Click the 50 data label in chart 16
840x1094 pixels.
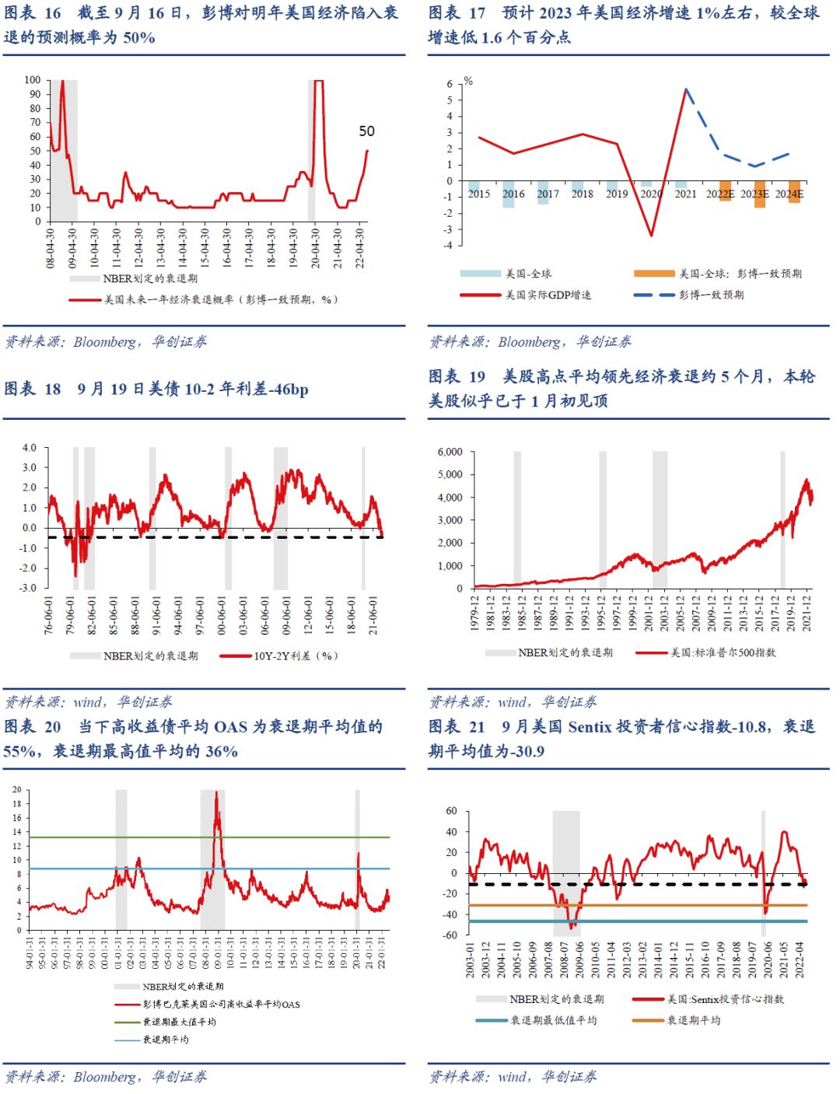click(366, 131)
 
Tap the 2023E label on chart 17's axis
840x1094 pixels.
click(754, 194)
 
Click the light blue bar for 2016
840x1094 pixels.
click(509, 194)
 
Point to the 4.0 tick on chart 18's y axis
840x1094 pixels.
click(29, 448)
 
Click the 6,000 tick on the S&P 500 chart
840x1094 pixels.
click(450, 452)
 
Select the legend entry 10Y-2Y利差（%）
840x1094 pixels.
click(296, 656)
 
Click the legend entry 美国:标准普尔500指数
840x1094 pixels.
click(723, 653)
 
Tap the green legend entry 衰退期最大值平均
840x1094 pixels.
click(179, 1022)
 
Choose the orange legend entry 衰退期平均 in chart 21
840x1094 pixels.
click(693, 1020)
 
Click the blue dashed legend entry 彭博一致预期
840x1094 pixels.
click(711, 295)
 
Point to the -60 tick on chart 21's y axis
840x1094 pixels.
click(450, 935)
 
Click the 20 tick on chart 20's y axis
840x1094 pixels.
click(17, 790)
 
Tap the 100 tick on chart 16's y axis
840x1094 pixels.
click(33, 80)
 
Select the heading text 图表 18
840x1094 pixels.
click(33, 389)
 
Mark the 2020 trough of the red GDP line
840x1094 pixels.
click(651, 236)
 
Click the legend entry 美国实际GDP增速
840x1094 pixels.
click(548, 295)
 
